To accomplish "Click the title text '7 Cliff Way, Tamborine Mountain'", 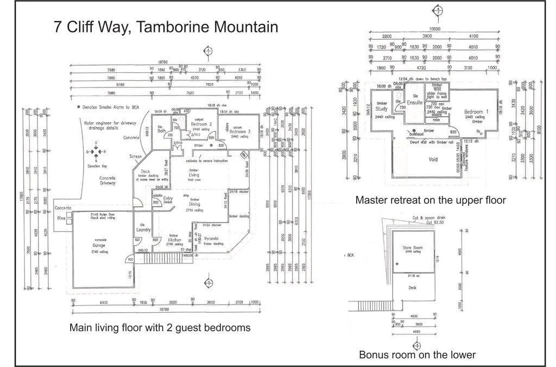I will pyautogui.click(x=166, y=27).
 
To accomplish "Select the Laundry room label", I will pyautogui.click(x=143, y=230).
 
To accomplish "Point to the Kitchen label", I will pyautogui.click(x=174, y=239).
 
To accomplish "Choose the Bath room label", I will pyautogui.click(x=161, y=130).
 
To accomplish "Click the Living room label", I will pyautogui.click(x=194, y=175).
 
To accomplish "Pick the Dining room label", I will pyautogui.click(x=194, y=205).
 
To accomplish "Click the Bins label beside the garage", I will pyautogui.click(x=61, y=217).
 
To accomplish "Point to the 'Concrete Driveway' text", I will pyautogui.click(x=107, y=180).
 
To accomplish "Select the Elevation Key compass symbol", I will pyautogui.click(x=97, y=151).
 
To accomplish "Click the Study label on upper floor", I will pyautogui.click(x=382, y=109).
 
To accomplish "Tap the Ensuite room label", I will pyautogui.click(x=415, y=102).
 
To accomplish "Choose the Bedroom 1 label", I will pyautogui.click(x=477, y=112).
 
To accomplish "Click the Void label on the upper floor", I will pyautogui.click(x=433, y=160).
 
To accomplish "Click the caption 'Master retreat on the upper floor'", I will pyautogui.click(x=431, y=200).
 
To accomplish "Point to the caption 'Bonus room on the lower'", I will pyautogui.click(x=417, y=355).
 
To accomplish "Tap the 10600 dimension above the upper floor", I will pyautogui.click(x=434, y=29).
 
